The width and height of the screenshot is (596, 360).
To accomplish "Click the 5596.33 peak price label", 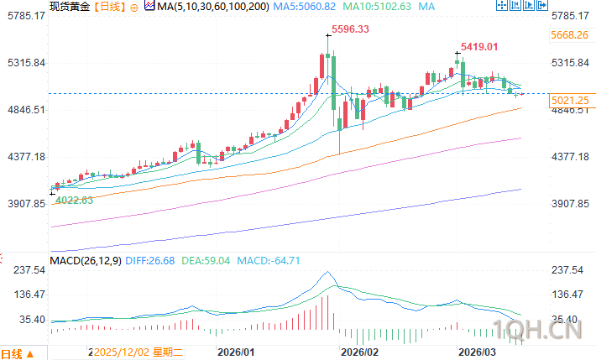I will click(351, 29).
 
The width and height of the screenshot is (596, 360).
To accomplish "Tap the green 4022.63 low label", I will click(74, 200).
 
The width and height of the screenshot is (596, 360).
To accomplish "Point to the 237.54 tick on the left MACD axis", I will click(27, 269).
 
